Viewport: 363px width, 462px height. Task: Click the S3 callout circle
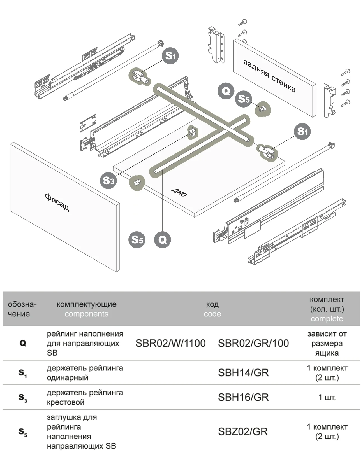(108, 180)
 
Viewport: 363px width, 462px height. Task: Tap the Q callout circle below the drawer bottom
(162, 240)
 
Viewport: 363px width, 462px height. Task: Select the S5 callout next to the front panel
(137, 240)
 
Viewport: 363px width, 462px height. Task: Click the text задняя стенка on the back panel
(269, 76)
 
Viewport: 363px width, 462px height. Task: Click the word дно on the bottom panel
(179, 192)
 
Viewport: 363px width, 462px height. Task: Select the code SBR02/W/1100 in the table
(170, 343)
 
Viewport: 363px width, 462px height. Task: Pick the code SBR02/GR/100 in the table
(253, 343)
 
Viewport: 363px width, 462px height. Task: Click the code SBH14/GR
(243, 373)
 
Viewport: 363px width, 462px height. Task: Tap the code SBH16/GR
(243, 397)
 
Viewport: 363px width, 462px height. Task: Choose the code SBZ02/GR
(243, 431)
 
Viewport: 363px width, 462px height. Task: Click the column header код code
(212, 309)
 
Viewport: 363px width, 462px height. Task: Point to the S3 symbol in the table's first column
(23, 398)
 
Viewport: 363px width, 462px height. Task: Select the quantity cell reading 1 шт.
(327, 397)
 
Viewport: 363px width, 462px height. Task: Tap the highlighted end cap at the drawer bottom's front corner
(137, 182)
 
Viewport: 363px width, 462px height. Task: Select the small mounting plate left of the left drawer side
(88, 123)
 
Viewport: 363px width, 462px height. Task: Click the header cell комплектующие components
(86, 309)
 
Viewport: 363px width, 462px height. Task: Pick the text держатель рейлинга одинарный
(85, 373)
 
